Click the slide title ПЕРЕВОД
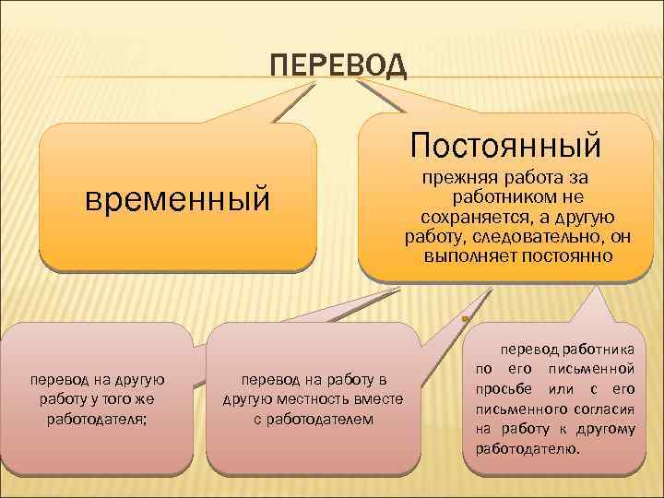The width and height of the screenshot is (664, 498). click(x=338, y=65)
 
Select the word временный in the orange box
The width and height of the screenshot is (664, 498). click(x=177, y=198)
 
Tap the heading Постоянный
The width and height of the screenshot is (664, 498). click(x=506, y=145)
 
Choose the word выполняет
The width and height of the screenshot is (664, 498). click(x=458, y=255)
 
